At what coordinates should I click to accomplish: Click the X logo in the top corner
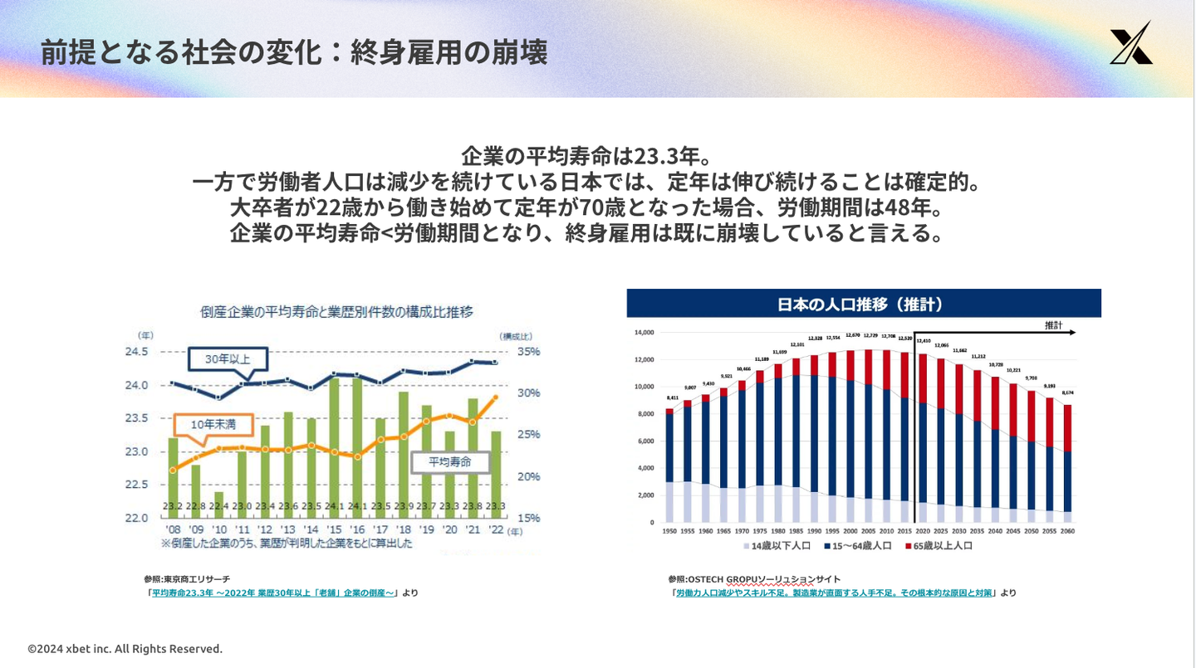(x=1131, y=44)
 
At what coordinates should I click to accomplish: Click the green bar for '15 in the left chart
(x=335, y=440)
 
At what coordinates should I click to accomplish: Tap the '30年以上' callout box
(x=226, y=359)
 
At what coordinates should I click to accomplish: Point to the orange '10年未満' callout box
(x=213, y=424)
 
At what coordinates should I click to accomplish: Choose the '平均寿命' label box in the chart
(x=449, y=461)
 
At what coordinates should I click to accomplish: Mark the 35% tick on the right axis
(x=528, y=352)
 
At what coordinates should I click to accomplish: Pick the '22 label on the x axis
(x=496, y=529)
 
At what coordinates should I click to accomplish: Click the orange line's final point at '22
(x=495, y=397)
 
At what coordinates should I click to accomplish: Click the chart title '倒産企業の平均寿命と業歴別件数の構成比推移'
(x=336, y=312)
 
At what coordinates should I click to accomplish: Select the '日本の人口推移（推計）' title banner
(x=863, y=305)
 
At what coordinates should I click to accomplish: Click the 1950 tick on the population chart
(x=669, y=530)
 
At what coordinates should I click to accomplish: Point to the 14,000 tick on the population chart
(x=645, y=333)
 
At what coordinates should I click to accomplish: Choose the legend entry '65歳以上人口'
(x=941, y=546)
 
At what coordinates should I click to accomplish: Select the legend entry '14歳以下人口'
(x=777, y=546)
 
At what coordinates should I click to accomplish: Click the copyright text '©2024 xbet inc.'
(x=125, y=649)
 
